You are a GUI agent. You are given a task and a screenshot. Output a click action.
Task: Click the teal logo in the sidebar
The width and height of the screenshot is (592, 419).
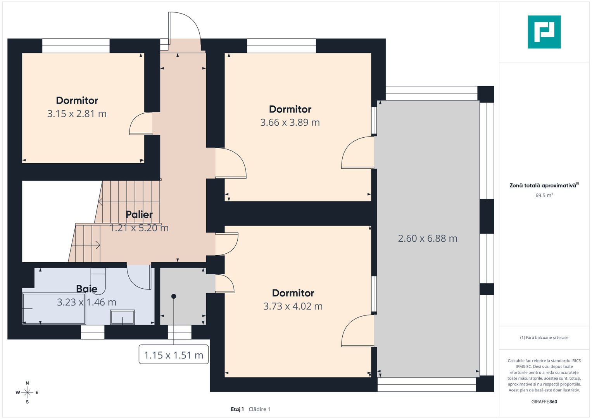[x=544, y=32]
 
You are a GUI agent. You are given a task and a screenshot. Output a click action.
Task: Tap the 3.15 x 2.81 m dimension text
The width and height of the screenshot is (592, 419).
[x=77, y=114]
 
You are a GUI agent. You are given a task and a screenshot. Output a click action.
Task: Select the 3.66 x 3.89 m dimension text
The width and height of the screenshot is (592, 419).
[x=290, y=123]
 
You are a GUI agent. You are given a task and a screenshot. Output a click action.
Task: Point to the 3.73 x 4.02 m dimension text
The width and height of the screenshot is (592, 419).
[x=293, y=306]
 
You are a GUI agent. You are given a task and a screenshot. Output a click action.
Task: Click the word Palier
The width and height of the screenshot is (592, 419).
[x=139, y=215]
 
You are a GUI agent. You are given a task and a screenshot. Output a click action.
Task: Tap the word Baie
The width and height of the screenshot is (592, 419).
[x=87, y=289]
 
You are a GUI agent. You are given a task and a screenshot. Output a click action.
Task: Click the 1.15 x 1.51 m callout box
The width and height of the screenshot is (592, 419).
[x=174, y=355]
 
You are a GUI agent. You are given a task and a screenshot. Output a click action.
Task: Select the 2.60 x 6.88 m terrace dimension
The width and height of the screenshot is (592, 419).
[x=428, y=239]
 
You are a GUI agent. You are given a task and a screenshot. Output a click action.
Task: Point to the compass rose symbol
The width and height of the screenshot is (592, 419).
[x=27, y=393]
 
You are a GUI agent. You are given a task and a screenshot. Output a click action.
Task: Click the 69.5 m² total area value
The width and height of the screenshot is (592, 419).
[x=544, y=195]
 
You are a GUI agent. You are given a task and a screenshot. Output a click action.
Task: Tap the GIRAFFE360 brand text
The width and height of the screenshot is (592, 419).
[x=544, y=402]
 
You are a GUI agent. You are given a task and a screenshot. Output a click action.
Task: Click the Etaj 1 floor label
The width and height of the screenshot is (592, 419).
[x=237, y=409]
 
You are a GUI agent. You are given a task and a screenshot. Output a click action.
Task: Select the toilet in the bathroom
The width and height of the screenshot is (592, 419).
[x=98, y=281]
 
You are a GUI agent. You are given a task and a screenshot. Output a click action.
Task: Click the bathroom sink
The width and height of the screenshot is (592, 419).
[x=123, y=317]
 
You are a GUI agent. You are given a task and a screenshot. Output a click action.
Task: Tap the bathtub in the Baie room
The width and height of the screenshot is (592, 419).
[x=54, y=309]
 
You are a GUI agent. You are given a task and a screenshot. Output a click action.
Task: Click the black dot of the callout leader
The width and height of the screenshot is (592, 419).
[x=174, y=296]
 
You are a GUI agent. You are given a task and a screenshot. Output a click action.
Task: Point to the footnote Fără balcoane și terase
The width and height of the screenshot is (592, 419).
[x=544, y=338]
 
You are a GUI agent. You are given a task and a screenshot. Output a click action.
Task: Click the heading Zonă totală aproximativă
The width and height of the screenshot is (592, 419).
[x=544, y=185]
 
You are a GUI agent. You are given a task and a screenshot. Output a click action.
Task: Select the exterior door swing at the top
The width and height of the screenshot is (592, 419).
[x=185, y=31]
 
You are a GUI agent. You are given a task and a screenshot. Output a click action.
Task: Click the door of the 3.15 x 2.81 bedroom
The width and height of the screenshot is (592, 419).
[x=141, y=123]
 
